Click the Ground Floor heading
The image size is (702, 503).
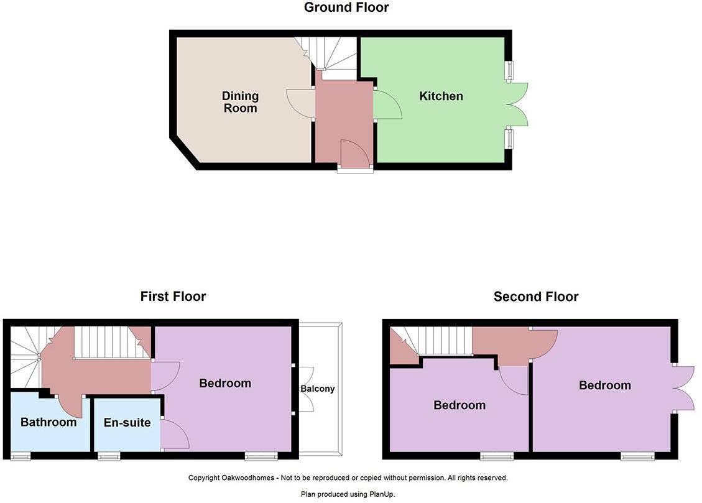(346, 7)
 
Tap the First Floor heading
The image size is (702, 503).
(173, 297)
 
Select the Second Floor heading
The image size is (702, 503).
(535, 297)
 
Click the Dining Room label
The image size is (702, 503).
(240, 102)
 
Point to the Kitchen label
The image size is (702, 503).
(441, 96)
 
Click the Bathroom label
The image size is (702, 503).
(48, 422)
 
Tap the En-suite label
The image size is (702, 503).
(127, 423)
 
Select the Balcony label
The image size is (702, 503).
(318, 389)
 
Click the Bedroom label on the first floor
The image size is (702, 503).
(225, 383)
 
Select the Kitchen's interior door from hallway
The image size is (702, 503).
(387, 104)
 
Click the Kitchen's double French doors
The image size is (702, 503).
(517, 104)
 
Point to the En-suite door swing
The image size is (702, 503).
(173, 433)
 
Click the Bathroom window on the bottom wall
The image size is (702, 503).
(21, 457)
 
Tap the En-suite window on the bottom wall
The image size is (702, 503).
(109, 457)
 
